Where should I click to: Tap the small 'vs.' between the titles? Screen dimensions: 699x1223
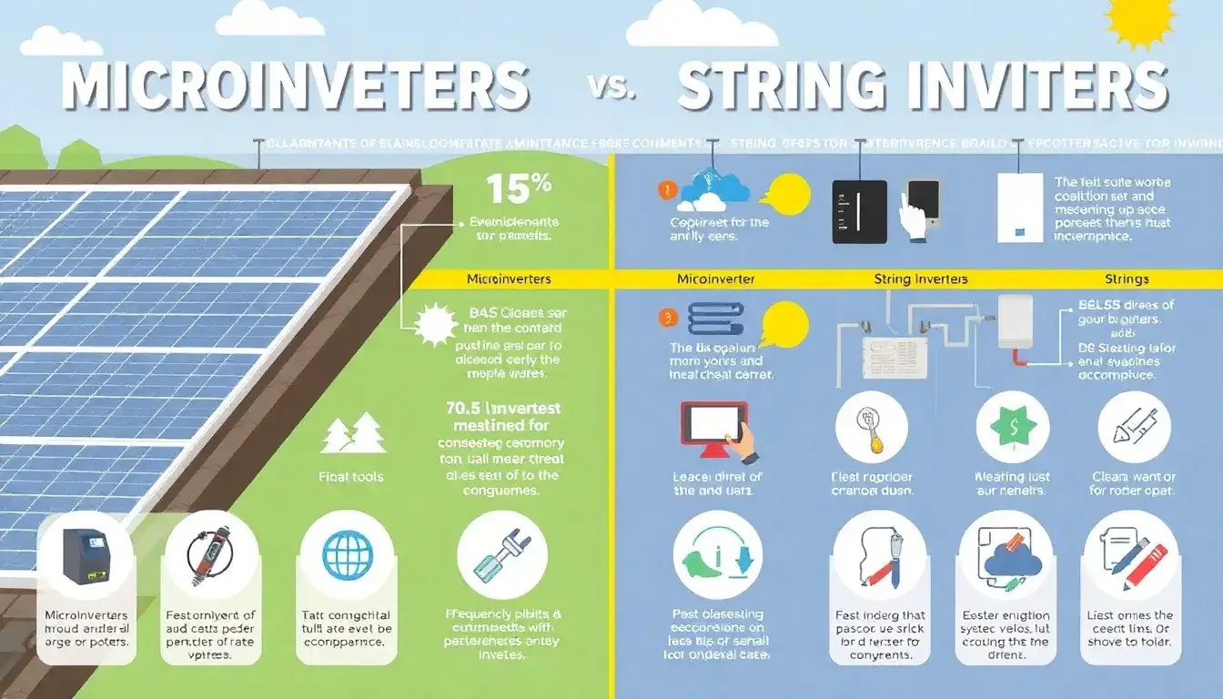tap(613, 88)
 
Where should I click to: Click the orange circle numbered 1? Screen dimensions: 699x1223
tap(665, 191)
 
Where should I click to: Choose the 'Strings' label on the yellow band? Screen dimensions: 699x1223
tap(1127, 279)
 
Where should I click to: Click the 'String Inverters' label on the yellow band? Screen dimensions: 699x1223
tap(920, 279)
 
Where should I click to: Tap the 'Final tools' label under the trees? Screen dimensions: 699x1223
tap(351, 477)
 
